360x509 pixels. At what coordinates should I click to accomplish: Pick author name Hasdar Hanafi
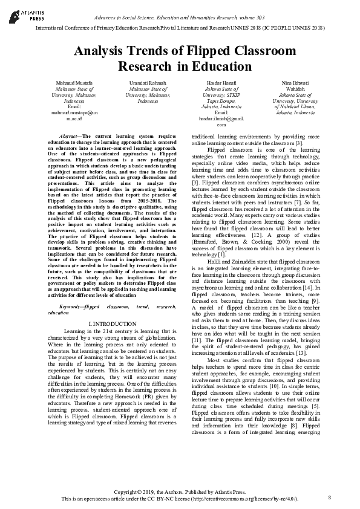(221, 82)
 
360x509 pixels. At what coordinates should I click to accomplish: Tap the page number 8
(330, 497)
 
